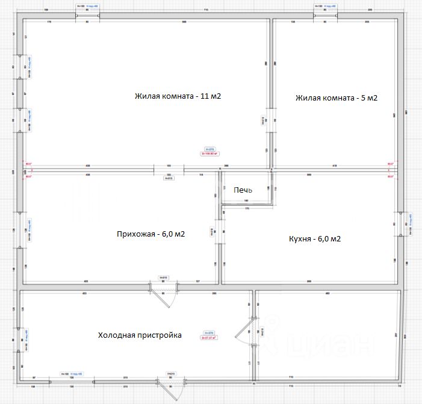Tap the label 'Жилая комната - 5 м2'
[337, 98]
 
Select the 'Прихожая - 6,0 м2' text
[150, 234]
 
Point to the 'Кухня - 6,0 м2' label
[315, 239]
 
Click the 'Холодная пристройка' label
[140, 335]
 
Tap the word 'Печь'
[243, 190]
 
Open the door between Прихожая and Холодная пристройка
[163, 288]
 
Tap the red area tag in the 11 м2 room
[210, 154]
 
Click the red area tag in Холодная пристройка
[209, 337]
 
